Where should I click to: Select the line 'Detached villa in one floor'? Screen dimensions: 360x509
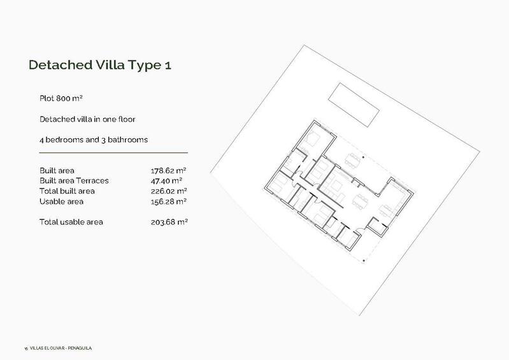tap(87, 119)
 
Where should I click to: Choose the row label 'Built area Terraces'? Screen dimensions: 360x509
tap(74, 181)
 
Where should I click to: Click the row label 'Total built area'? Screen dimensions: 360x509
tap(67, 191)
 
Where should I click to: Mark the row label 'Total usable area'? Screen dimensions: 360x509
tap(71, 222)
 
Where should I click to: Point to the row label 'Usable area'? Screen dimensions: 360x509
tap(61, 201)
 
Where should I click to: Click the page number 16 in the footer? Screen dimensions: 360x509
tap(24, 349)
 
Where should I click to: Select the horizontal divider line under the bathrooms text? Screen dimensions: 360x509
tap(113, 153)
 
